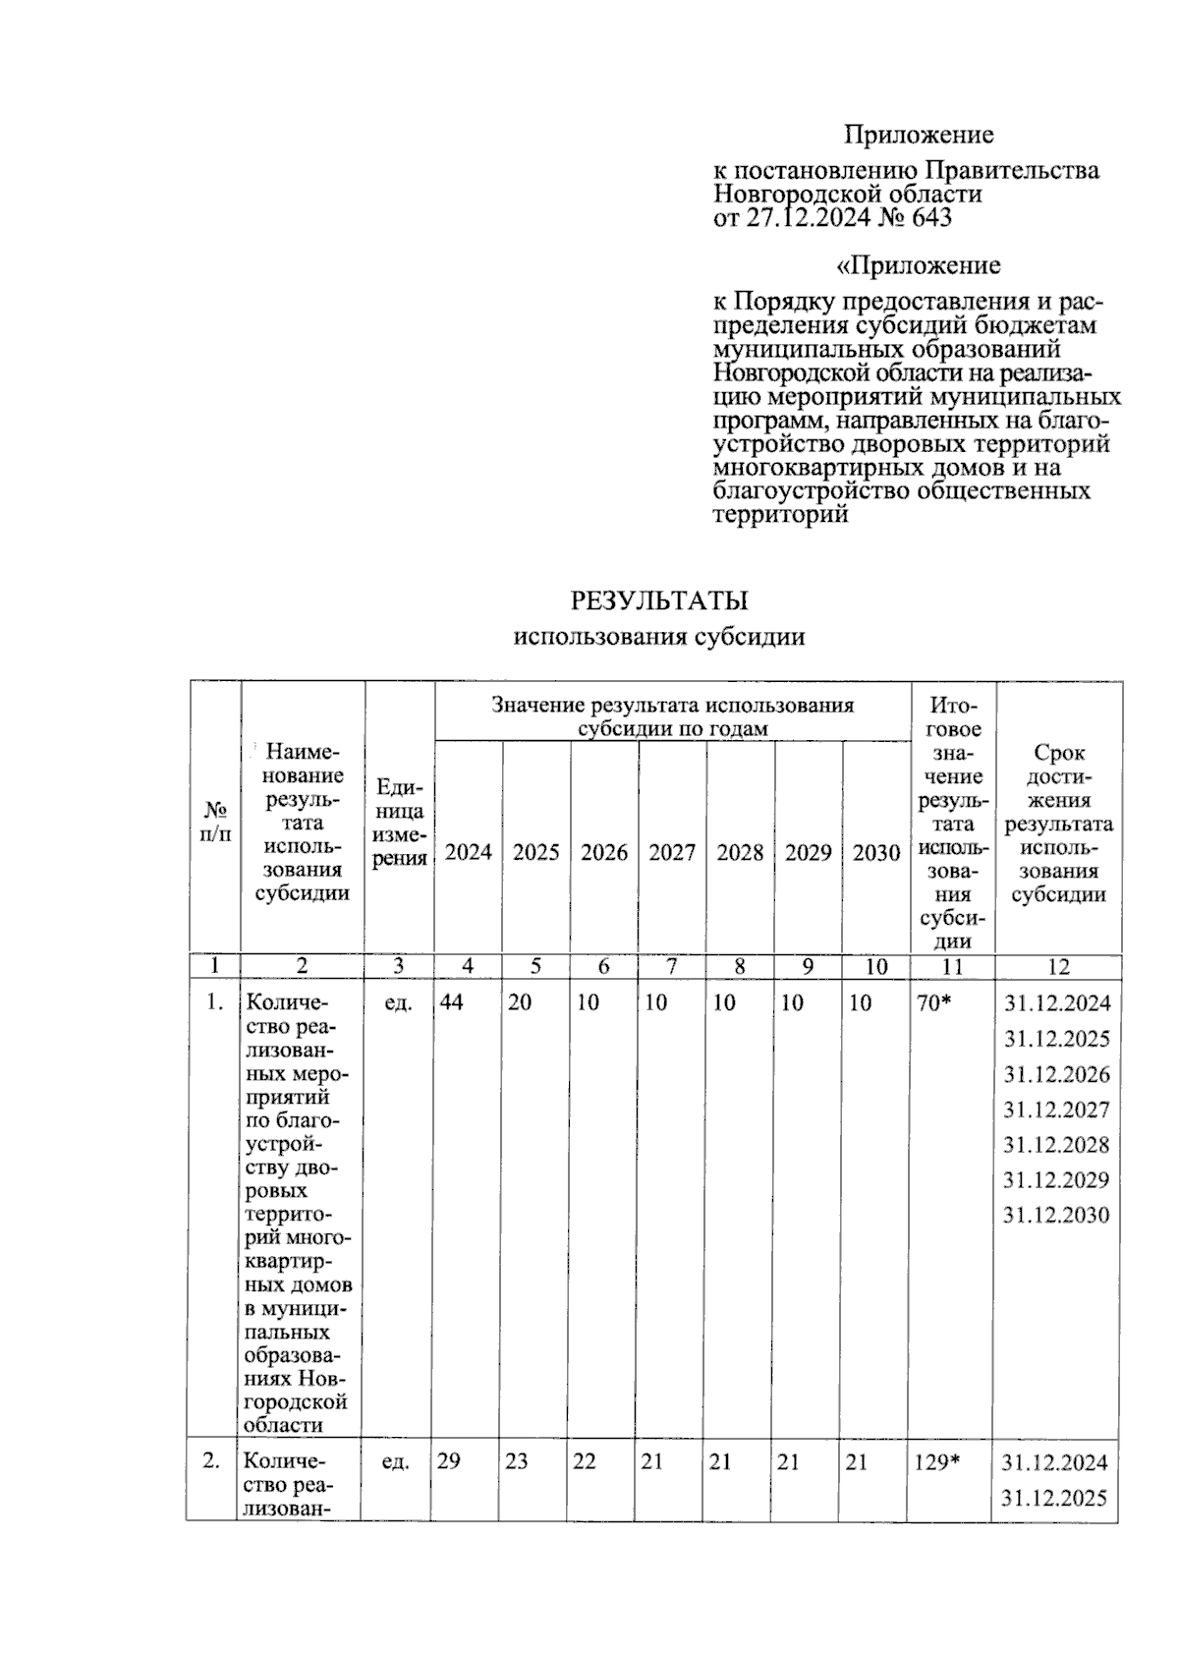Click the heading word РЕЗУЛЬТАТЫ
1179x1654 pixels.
point(659,599)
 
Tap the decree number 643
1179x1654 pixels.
point(931,218)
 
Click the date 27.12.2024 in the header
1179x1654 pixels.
point(808,218)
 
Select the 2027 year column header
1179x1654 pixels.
point(672,852)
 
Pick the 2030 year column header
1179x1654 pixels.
point(875,852)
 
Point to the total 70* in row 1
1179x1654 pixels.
point(934,1002)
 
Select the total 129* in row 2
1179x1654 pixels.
point(936,1461)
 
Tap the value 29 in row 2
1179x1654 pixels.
point(448,1461)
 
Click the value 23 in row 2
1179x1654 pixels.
point(517,1461)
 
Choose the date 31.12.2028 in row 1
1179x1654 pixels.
point(1056,1144)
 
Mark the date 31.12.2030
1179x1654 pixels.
point(1056,1215)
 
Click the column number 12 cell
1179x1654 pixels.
point(1058,966)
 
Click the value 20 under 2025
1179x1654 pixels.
point(520,1002)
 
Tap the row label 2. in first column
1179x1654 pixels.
point(211,1461)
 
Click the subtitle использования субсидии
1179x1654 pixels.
point(659,637)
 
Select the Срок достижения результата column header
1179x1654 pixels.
point(1058,823)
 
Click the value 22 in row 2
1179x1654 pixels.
point(585,1461)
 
